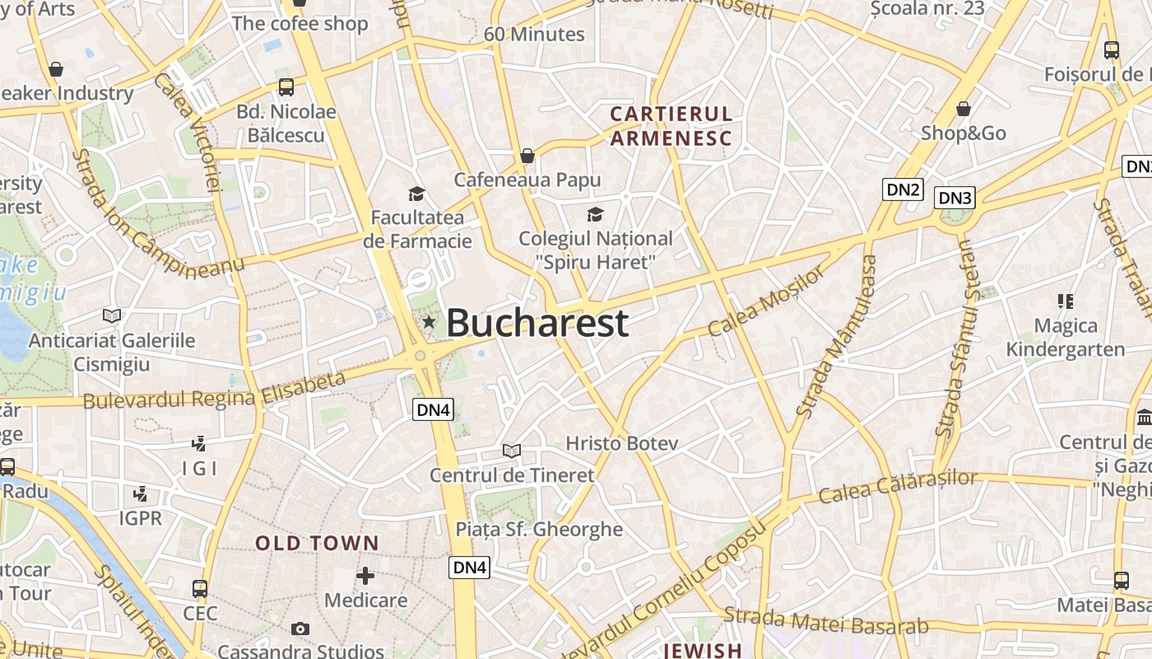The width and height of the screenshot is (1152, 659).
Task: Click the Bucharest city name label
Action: [537, 323]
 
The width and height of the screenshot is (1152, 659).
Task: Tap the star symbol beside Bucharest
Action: [429, 322]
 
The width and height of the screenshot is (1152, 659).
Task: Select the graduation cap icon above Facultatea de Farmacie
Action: [417, 194]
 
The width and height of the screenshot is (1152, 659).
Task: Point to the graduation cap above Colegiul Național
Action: [595, 215]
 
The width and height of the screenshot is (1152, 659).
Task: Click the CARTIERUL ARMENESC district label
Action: [671, 126]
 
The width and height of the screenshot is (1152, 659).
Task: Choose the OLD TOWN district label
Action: [317, 544]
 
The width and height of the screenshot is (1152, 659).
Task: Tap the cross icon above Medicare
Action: [365, 576]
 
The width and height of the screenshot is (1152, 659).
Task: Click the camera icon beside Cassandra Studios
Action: [300, 629]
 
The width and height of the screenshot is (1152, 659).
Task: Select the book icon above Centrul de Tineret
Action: [512, 451]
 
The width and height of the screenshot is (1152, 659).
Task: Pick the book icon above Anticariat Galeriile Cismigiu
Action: [112, 315]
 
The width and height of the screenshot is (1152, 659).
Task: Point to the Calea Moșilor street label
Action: [765, 301]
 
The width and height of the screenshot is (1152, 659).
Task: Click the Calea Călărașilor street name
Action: [898, 487]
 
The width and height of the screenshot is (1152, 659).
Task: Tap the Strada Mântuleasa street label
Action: [838, 335]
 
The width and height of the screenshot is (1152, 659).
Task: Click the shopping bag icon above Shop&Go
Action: [964, 109]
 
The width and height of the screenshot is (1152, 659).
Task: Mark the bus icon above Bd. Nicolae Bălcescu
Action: [286, 86]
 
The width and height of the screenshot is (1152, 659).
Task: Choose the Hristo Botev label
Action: [621, 443]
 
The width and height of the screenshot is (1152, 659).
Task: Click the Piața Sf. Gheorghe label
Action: [539, 529]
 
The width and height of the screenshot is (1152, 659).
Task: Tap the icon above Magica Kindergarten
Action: [1066, 301]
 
